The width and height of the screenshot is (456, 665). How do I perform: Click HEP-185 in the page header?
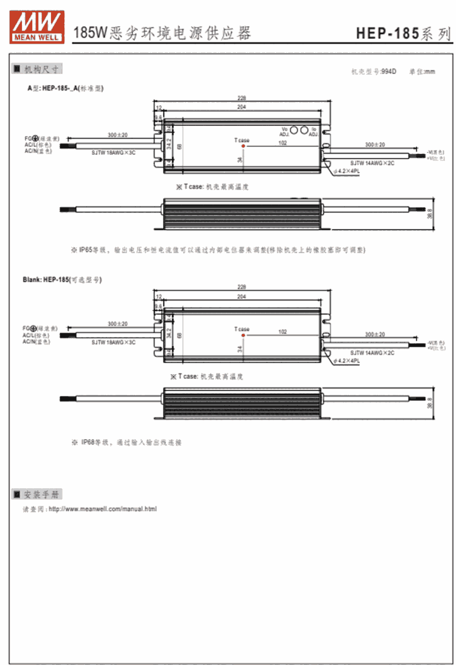tap(385, 33)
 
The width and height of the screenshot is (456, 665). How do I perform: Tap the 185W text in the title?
tap(90, 33)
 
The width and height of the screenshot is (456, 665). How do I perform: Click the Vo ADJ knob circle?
tap(293, 130)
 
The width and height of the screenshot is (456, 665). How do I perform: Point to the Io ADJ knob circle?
tap(304, 130)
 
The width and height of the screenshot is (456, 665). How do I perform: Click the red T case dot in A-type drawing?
tap(243, 146)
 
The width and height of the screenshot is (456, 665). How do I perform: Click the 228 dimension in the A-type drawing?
tap(242, 98)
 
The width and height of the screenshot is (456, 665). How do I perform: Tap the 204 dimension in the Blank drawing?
tap(241, 297)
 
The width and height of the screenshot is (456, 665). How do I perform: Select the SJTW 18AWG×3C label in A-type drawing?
tap(114, 153)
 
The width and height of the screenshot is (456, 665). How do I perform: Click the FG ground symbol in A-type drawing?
tap(35, 138)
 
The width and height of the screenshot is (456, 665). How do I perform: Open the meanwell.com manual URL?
tap(102, 508)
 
